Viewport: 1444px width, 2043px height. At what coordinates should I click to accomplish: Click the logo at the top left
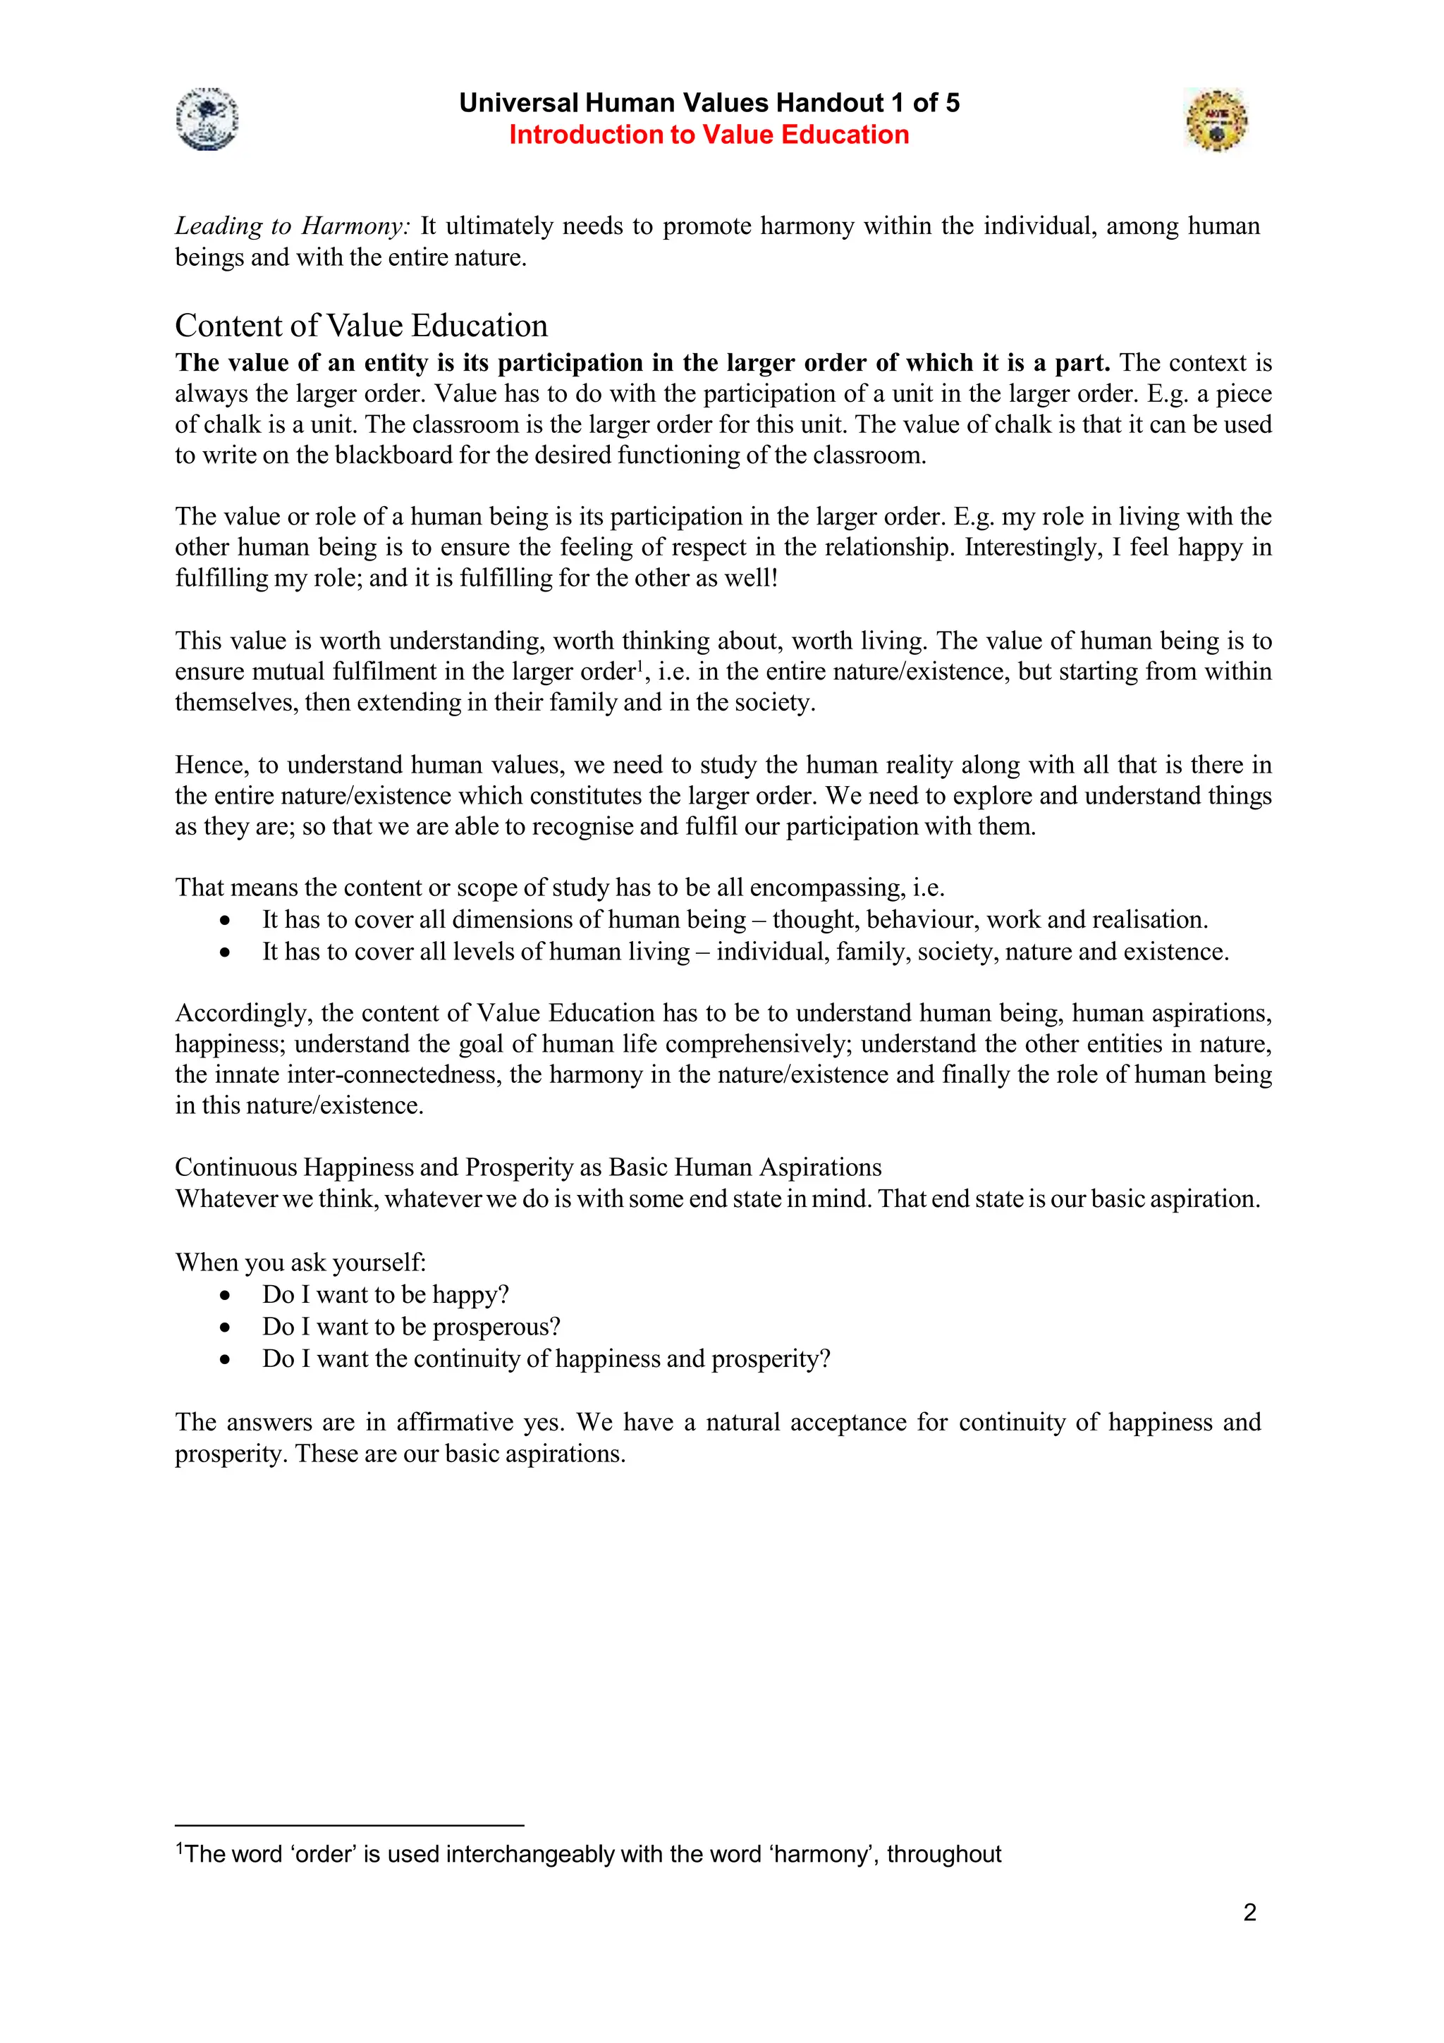pos(207,119)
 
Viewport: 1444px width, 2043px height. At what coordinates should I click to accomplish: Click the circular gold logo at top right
pos(1216,119)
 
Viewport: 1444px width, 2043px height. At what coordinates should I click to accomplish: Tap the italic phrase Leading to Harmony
pos(292,226)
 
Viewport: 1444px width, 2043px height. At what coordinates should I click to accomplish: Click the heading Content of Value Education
pos(360,326)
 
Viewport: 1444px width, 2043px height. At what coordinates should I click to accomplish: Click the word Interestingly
pos(1032,547)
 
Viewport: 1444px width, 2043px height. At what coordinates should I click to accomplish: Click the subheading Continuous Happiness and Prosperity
pos(527,1167)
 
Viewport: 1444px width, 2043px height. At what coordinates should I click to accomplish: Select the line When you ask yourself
pos(301,1263)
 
